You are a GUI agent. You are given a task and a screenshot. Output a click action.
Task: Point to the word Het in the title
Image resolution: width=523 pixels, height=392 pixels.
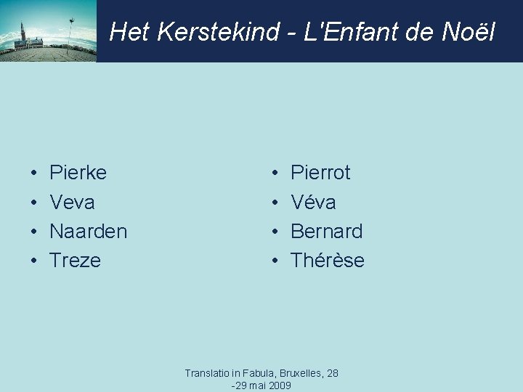pyautogui.click(x=128, y=32)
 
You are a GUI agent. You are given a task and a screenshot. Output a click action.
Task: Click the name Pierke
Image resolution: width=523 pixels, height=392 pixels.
pyautogui.click(x=78, y=173)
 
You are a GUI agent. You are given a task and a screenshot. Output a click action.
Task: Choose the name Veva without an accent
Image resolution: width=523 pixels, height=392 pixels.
pyautogui.click(x=72, y=202)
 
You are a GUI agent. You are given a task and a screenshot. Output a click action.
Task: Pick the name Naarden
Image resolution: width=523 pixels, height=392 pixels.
pyautogui.click(x=88, y=232)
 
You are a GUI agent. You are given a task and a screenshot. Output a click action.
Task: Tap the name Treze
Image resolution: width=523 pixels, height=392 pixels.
pyautogui.click(x=75, y=261)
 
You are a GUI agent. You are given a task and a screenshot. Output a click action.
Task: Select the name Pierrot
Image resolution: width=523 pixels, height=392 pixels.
pyautogui.click(x=320, y=173)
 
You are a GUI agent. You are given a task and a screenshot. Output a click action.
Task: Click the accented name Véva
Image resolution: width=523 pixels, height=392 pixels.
pyautogui.click(x=313, y=202)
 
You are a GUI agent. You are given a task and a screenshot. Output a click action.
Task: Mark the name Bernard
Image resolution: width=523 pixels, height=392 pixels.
pyautogui.click(x=326, y=232)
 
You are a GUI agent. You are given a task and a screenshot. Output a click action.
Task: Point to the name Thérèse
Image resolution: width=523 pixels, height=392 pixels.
pyautogui.click(x=328, y=261)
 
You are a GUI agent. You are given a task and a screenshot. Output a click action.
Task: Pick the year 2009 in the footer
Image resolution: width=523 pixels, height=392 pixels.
pyautogui.click(x=280, y=385)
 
